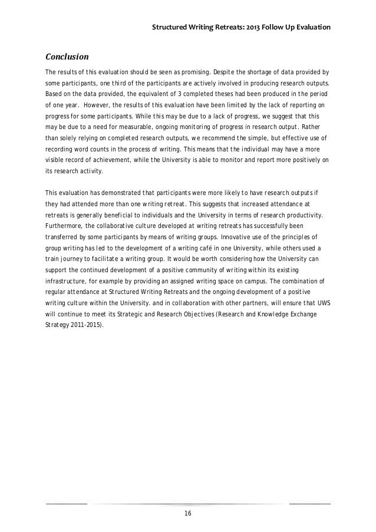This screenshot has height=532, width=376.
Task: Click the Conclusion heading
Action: pyautogui.click(x=67, y=57)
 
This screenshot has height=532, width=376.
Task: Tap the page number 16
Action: pyautogui.click(x=188, y=514)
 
